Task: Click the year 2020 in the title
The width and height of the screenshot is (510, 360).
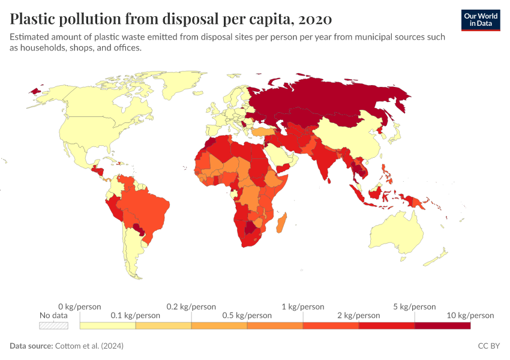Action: click(x=314, y=19)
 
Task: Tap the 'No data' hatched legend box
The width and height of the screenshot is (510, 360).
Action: click(x=53, y=325)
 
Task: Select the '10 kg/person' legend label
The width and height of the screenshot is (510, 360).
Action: click(x=470, y=315)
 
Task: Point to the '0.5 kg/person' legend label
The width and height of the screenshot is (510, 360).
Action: click(x=247, y=315)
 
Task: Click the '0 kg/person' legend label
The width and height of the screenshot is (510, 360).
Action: click(x=80, y=307)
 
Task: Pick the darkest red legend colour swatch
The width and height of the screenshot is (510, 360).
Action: click(x=442, y=325)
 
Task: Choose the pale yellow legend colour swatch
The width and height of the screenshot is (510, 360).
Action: click(x=107, y=325)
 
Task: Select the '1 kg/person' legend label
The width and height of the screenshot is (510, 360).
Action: click(x=303, y=307)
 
